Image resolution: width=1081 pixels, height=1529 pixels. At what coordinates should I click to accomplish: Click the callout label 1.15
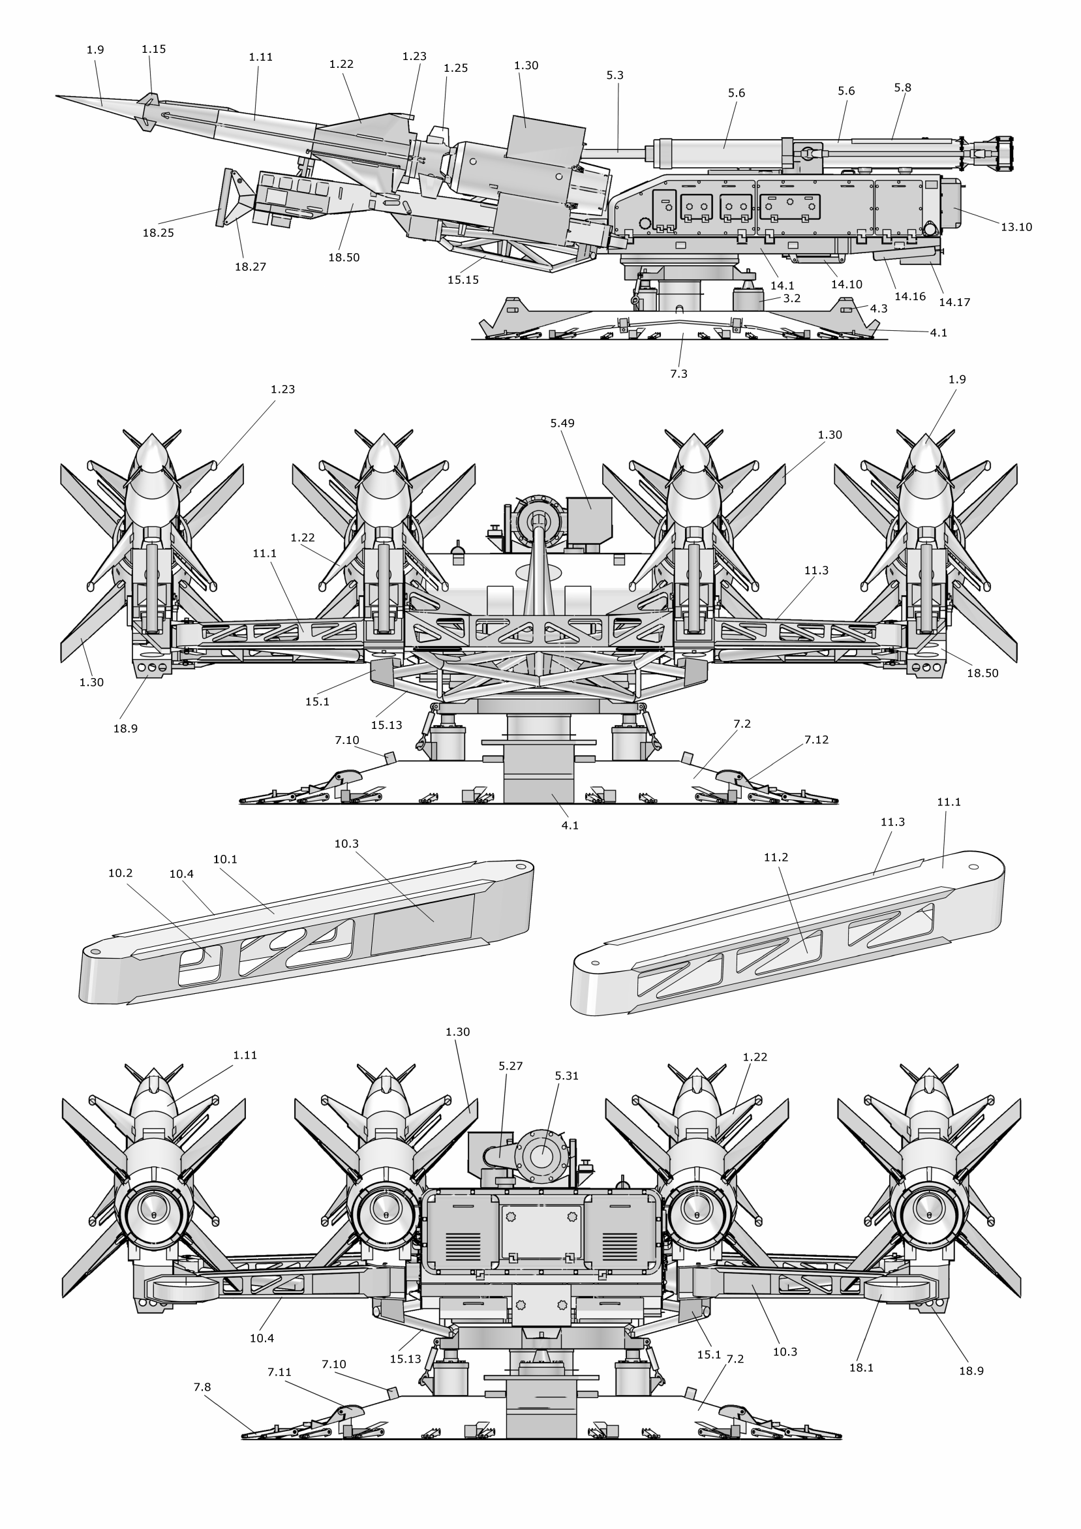(154, 50)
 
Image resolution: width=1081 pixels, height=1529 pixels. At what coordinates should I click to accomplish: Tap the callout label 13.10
(1016, 227)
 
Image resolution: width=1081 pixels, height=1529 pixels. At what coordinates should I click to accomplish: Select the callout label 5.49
(562, 423)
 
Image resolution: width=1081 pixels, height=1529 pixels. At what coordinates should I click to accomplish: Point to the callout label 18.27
(251, 267)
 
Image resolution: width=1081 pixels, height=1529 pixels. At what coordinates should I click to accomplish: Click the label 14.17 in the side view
(954, 302)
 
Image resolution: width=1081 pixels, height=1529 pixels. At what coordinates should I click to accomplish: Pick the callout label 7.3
(678, 375)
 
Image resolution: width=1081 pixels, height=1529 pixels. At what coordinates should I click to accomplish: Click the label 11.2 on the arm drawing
(776, 857)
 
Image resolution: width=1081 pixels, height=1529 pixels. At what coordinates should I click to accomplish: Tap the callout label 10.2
(121, 873)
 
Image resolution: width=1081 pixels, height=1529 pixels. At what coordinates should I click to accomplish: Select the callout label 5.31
(566, 1076)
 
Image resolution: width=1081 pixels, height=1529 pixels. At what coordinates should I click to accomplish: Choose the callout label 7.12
(816, 740)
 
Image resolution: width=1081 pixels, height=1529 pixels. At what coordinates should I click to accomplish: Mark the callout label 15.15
(463, 281)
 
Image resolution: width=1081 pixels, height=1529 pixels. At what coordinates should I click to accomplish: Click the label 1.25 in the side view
(455, 68)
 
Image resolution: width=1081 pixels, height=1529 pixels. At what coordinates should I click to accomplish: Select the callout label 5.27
(511, 1066)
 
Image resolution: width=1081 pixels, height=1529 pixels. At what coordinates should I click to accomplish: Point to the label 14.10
(846, 285)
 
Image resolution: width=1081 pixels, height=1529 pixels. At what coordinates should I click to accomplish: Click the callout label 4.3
(879, 309)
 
